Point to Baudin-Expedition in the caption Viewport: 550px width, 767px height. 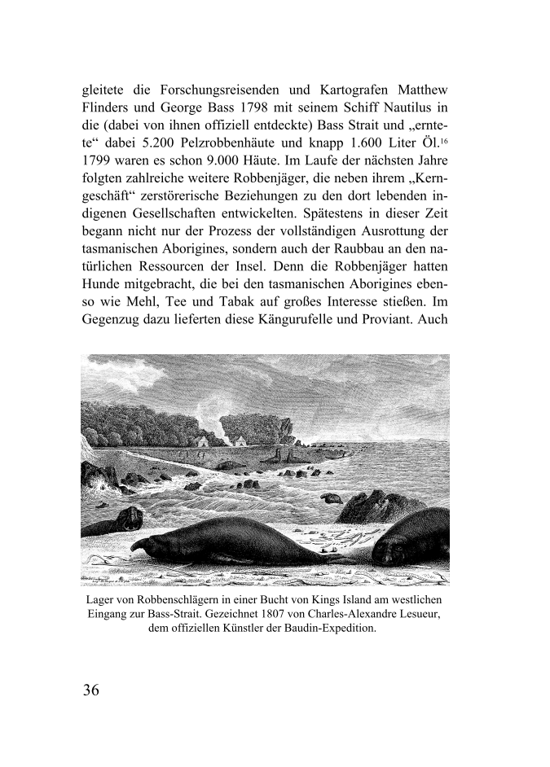coord(328,629)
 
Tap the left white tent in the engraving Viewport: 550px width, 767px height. coord(202,440)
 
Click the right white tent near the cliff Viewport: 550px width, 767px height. coord(239,440)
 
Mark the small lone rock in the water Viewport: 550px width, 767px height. coord(331,496)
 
